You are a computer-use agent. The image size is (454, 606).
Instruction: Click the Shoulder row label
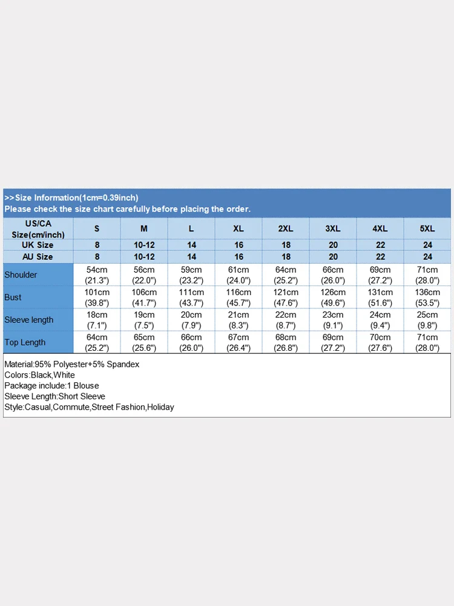pyautogui.click(x=21, y=275)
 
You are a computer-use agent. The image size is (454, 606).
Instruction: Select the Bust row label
pyautogui.click(x=13, y=298)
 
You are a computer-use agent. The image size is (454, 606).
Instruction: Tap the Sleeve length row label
pyautogui.click(x=29, y=320)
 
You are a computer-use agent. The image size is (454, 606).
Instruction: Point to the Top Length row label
pyautogui.click(x=25, y=342)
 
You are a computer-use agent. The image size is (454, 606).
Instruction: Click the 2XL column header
pyautogui.click(x=286, y=229)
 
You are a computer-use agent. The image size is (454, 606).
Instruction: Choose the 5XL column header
pyautogui.click(x=427, y=229)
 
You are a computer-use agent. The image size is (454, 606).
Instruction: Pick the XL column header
pyautogui.click(x=239, y=229)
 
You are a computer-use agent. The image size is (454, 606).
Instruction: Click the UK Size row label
pyautogui.click(x=38, y=245)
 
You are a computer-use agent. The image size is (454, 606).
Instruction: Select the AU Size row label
pyautogui.click(x=38, y=257)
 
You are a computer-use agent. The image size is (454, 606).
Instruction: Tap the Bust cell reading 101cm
pyautogui.click(x=97, y=298)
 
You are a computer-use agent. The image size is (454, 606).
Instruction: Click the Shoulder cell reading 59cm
pyautogui.click(x=191, y=275)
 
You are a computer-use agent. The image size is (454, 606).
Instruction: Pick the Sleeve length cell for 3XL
pyautogui.click(x=333, y=320)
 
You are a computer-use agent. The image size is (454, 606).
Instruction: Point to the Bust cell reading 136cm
pyautogui.click(x=427, y=298)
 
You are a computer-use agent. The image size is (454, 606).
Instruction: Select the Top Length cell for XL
pyautogui.click(x=239, y=342)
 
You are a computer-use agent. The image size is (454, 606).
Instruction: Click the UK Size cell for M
pyautogui.click(x=144, y=245)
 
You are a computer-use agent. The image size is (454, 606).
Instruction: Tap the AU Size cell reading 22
pyautogui.click(x=380, y=257)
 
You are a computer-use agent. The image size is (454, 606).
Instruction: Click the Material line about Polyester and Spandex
pyautogui.click(x=72, y=364)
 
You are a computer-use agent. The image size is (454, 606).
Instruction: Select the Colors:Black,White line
pyautogui.click(x=39, y=375)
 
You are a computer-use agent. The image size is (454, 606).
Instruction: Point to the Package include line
pyautogui.click(x=51, y=385)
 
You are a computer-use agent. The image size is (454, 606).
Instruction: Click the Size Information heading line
pyautogui.click(x=71, y=198)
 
